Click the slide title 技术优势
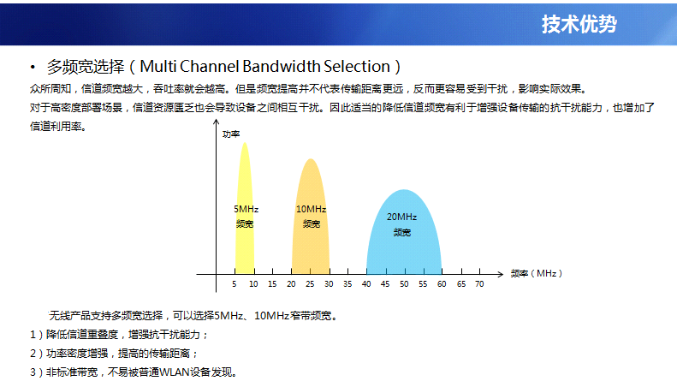pyautogui.click(x=579, y=24)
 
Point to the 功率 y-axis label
pyautogui.click(x=231, y=134)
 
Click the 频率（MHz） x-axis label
pyautogui.click(x=537, y=273)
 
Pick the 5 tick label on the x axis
pyautogui.click(x=235, y=284)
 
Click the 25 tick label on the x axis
pyautogui.click(x=310, y=284)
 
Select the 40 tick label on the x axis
pyautogui.click(x=366, y=284)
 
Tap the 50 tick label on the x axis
pyautogui.click(x=404, y=284)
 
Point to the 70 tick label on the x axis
pyautogui.click(x=479, y=284)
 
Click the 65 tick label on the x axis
pyautogui.click(x=461, y=284)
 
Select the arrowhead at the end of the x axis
pyautogui.click(x=502, y=274)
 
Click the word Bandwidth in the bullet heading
pyautogui.click(x=281, y=67)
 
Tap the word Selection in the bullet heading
pyautogui.click(x=357, y=67)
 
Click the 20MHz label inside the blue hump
pyautogui.click(x=401, y=217)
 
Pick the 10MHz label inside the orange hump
pyautogui.click(x=311, y=209)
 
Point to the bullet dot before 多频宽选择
pyautogui.click(x=33, y=67)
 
